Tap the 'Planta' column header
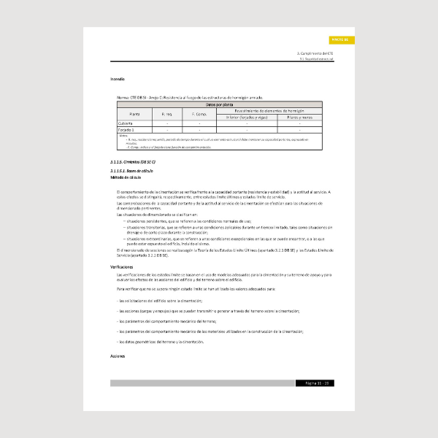[134, 114]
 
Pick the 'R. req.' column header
[166, 114]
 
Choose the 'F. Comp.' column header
[199, 114]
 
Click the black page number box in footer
[315, 383]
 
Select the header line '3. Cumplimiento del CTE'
[315, 54]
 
